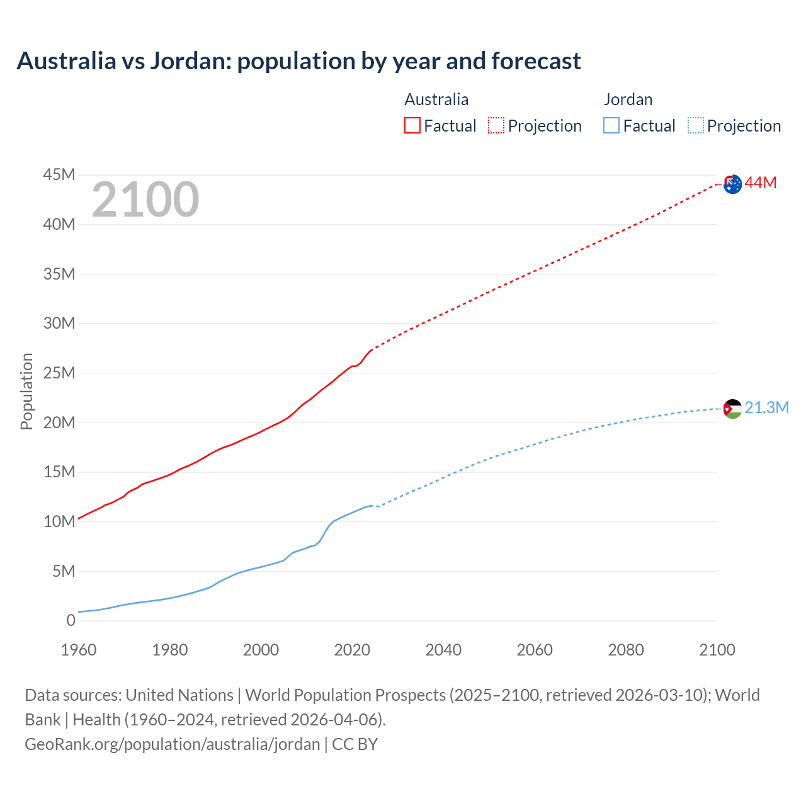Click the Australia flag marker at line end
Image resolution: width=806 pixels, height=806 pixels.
(732, 184)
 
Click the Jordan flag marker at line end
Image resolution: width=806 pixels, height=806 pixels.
(732, 409)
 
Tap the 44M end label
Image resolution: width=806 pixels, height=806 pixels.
(761, 183)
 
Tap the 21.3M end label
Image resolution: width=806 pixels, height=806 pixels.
(766, 408)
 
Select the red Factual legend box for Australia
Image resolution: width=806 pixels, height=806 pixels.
(412, 126)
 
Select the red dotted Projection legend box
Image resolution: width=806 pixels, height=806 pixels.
(496, 126)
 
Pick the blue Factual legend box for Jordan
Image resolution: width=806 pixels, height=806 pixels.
(611, 126)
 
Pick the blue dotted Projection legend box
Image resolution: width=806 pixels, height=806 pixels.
(696, 126)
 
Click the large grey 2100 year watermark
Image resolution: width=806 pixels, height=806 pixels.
(145, 200)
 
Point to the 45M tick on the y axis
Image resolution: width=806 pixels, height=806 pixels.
(59, 175)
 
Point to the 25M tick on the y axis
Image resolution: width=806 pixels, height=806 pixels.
(59, 373)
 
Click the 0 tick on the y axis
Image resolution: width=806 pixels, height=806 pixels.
(71, 621)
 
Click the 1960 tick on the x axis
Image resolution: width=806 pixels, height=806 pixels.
(79, 650)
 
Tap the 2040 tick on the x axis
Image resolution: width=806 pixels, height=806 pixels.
(443, 650)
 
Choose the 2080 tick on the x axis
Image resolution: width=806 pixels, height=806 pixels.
(626, 650)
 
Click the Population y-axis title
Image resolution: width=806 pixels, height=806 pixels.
(26, 392)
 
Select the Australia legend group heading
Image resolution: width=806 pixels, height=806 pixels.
(436, 99)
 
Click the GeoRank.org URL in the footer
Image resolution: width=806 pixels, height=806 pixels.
(172, 744)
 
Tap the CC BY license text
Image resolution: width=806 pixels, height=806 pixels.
(355, 744)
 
